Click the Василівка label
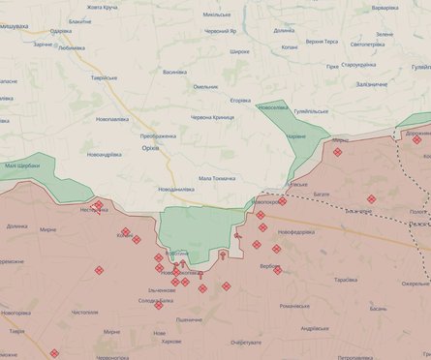[174, 72]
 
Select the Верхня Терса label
[322, 42]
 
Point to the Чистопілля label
[84, 313]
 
